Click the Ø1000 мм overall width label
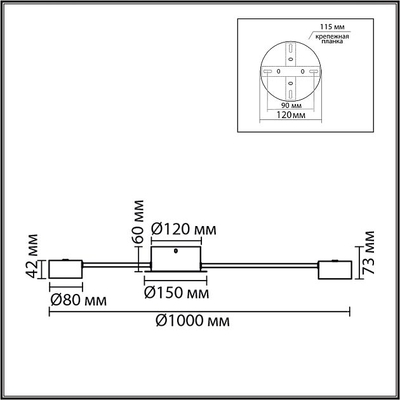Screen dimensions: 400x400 click(x=192, y=321)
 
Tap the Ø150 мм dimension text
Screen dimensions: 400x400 click(x=177, y=293)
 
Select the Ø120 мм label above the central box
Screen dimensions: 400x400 click(x=183, y=229)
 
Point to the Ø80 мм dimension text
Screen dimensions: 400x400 click(x=79, y=300)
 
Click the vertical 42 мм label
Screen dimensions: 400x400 click(x=32, y=257)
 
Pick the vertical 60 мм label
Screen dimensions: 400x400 click(x=138, y=222)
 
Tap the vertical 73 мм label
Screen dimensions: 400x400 click(x=368, y=253)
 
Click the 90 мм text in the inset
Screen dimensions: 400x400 click(x=291, y=105)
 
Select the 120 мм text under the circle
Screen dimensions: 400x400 click(x=291, y=115)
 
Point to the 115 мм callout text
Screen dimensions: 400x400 click(x=332, y=27)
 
